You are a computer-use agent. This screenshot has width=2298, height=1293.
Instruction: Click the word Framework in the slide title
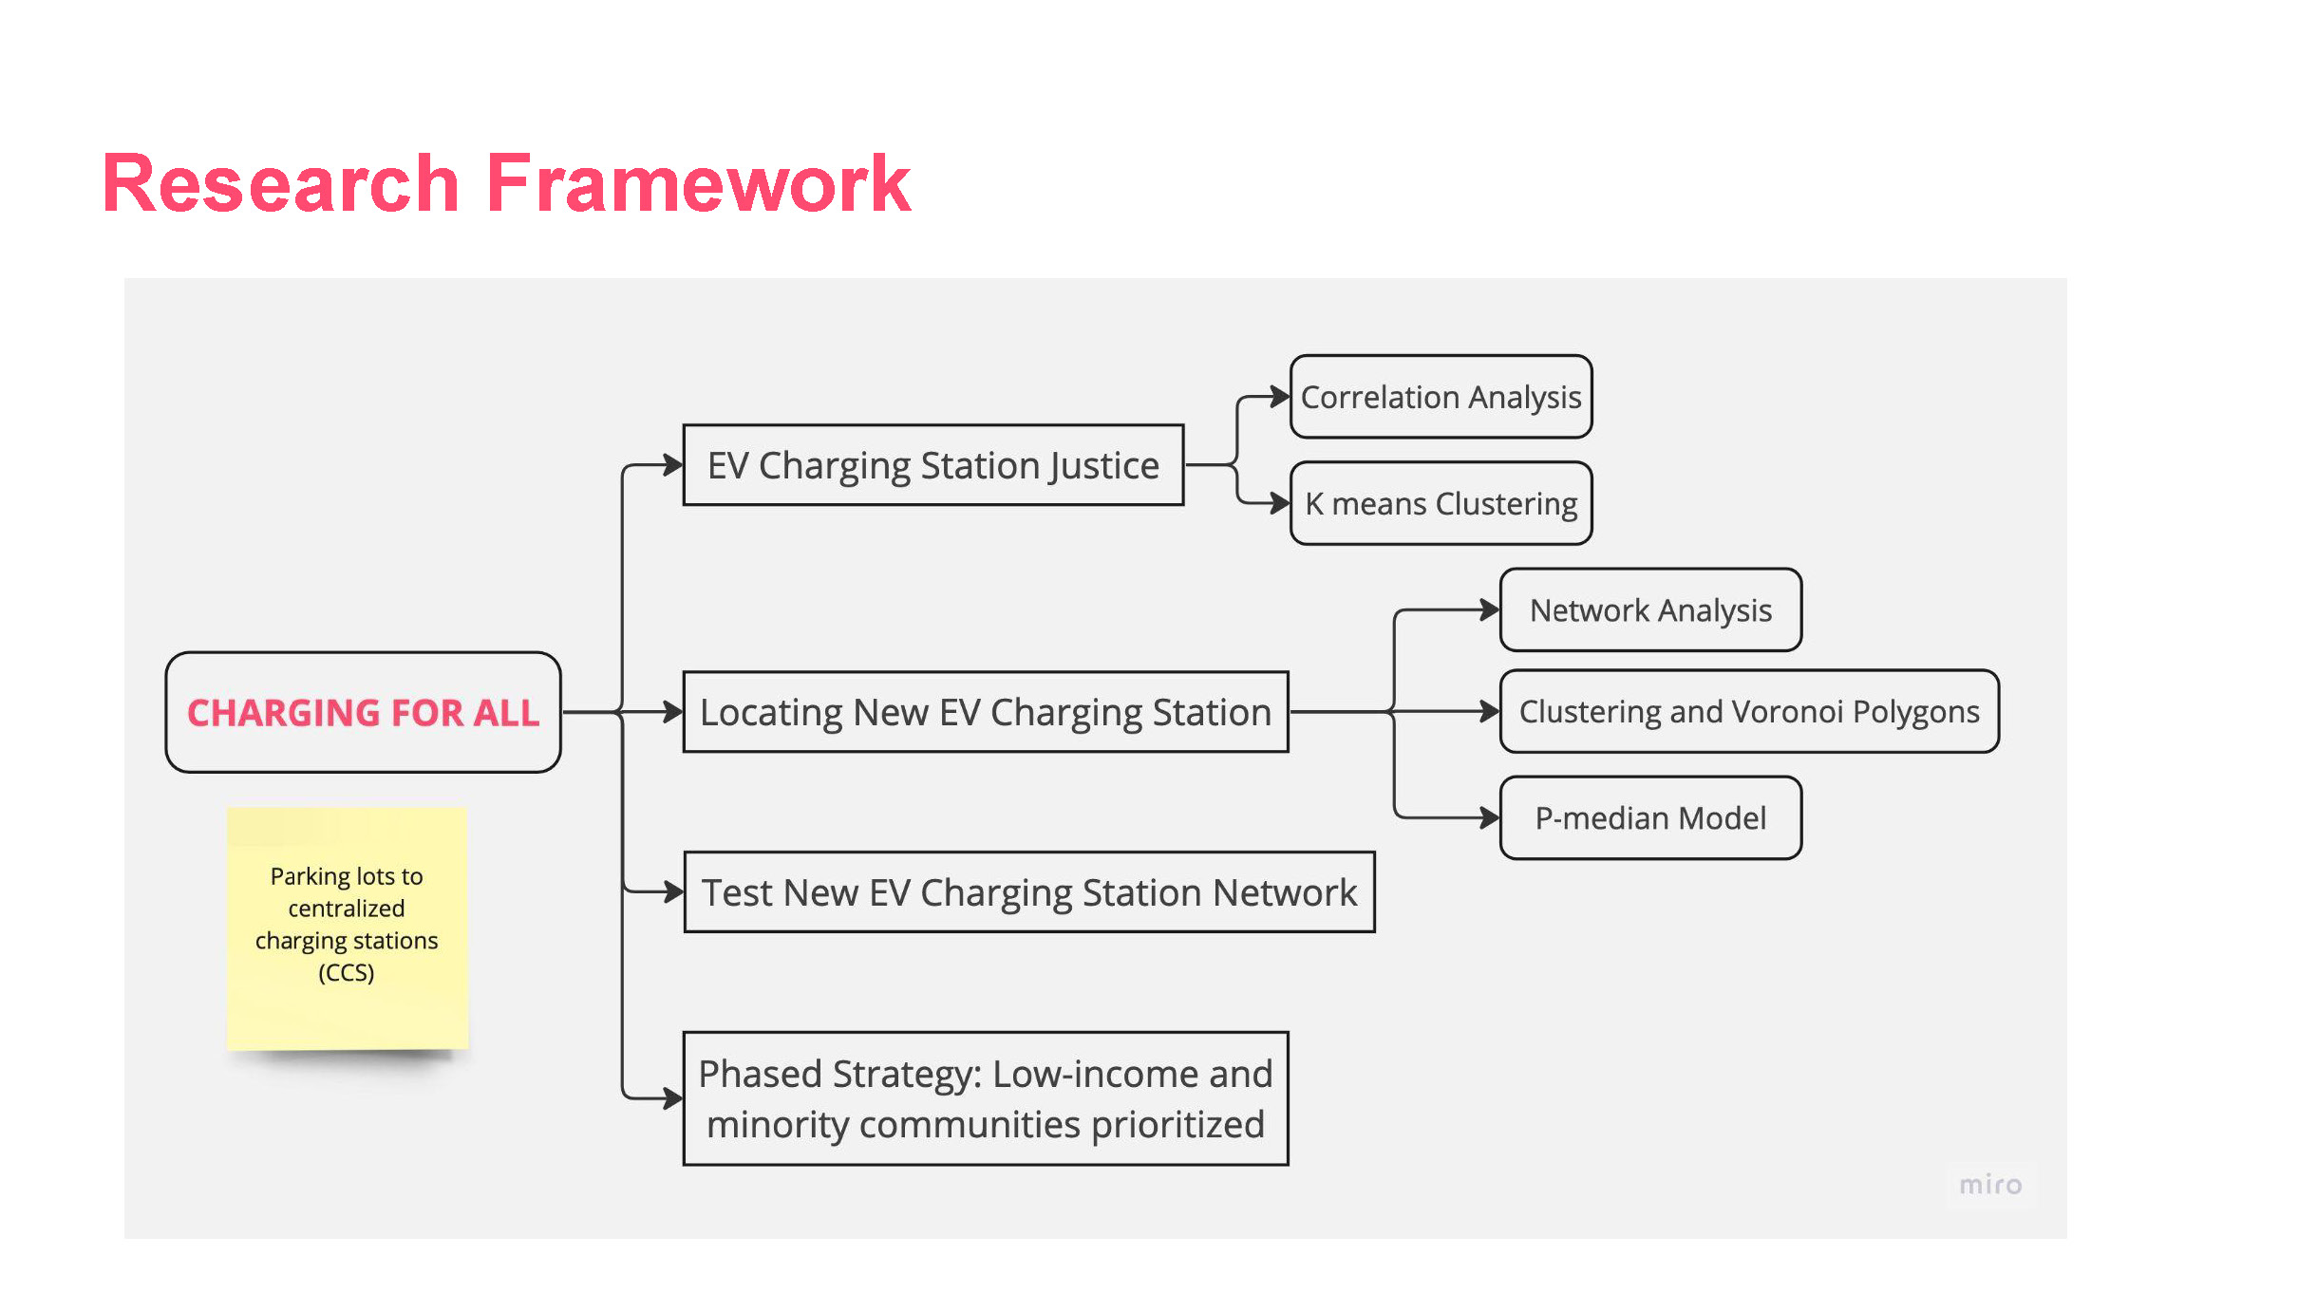pyautogui.click(x=698, y=182)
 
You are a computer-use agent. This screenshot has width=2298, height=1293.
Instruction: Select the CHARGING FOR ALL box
pyautogui.click(x=364, y=712)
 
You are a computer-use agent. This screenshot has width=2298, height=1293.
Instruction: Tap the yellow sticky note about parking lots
pyautogui.click(x=347, y=928)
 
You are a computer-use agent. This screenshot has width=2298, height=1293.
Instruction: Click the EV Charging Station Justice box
pyautogui.click(x=933, y=465)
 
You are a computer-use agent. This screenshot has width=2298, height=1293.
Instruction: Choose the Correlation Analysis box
pyautogui.click(x=1441, y=397)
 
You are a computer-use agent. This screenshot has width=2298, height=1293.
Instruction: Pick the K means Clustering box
pyautogui.click(x=1441, y=503)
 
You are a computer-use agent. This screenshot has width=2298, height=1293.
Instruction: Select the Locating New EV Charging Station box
pyautogui.click(x=986, y=712)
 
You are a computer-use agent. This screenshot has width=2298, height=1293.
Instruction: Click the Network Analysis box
pyautogui.click(x=1651, y=609)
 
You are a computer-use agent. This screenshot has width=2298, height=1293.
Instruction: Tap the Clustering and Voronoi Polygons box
pyautogui.click(x=1749, y=711)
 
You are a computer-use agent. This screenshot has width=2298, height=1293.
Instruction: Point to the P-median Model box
pyautogui.click(x=1651, y=817)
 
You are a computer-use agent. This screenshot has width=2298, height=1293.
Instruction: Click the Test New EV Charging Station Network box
pyautogui.click(x=1029, y=892)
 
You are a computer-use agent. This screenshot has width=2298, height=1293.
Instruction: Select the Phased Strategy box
pyautogui.click(x=986, y=1098)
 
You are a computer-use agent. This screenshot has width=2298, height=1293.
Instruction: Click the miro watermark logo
pyautogui.click(x=1991, y=1184)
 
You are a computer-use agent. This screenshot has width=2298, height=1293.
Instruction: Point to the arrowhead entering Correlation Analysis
pyautogui.click(x=1280, y=397)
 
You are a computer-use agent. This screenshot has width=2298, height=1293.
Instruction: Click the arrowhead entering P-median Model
pyautogui.click(x=1490, y=817)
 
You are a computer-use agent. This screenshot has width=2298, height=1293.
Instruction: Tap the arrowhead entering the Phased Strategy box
pyautogui.click(x=673, y=1098)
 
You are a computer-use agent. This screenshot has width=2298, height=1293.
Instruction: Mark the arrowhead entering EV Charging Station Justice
pyautogui.click(x=673, y=465)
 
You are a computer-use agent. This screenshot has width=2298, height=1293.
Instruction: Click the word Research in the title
pyautogui.click(x=281, y=182)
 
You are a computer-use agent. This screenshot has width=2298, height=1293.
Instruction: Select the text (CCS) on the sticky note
pyautogui.click(x=347, y=973)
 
